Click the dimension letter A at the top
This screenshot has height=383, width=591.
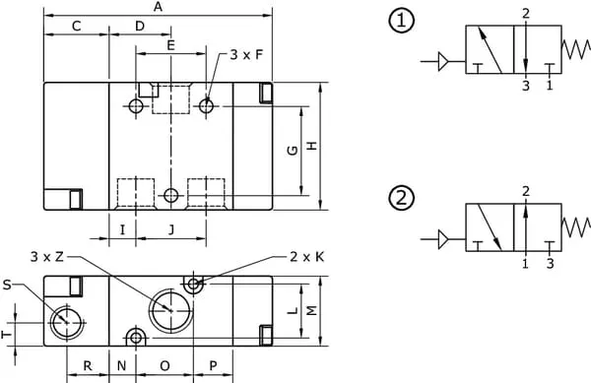click(158, 7)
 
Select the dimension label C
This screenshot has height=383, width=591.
click(77, 27)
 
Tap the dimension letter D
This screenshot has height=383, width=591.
click(140, 27)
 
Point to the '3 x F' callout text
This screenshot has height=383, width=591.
click(246, 55)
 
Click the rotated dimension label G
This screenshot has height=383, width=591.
click(293, 151)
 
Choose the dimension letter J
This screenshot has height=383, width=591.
click(171, 229)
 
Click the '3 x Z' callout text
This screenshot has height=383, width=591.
click(47, 257)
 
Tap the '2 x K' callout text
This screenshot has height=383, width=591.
click(306, 257)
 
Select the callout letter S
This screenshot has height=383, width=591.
click(7, 286)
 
